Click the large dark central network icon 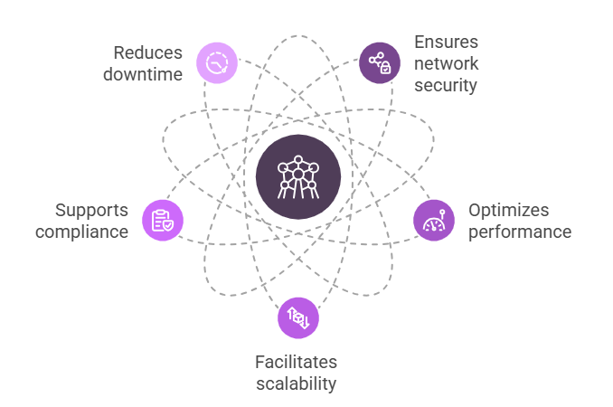coord(298,177)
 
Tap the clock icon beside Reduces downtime coord(217,63)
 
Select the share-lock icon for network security coord(380,63)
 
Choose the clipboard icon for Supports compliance coord(163,220)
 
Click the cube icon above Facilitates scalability coord(298,317)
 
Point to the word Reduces coord(148,52)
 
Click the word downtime coord(143,74)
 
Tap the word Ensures coord(447,43)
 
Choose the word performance coord(520,232)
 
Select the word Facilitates coord(296,362)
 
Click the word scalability coord(296,383)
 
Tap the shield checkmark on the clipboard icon coord(167,224)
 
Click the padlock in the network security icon coord(384,69)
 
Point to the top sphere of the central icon coord(298,160)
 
